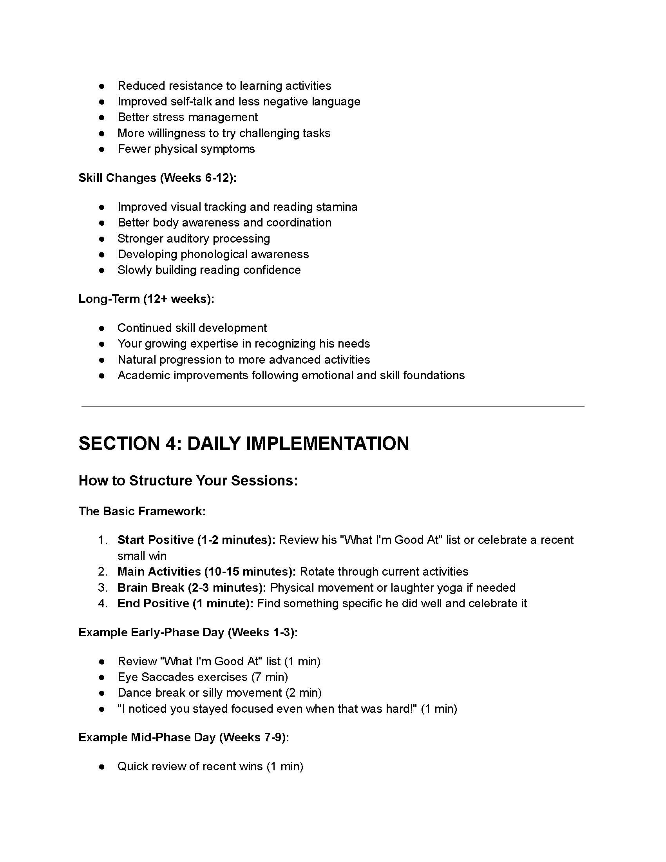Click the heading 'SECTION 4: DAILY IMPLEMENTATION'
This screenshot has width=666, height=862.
(x=243, y=444)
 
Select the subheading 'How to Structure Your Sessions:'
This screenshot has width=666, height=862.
(x=188, y=481)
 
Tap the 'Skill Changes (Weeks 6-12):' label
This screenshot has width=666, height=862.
(x=157, y=178)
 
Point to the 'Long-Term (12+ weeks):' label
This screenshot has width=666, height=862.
(x=146, y=299)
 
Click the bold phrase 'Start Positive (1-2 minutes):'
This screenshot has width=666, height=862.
(x=196, y=540)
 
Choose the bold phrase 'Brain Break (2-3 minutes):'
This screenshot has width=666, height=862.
(x=192, y=588)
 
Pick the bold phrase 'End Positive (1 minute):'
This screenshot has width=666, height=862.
(x=185, y=603)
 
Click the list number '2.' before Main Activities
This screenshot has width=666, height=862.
(x=103, y=572)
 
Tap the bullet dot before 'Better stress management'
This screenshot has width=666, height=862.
(x=102, y=118)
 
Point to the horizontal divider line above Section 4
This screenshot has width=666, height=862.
(x=333, y=406)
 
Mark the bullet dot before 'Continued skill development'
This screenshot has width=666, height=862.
(x=102, y=328)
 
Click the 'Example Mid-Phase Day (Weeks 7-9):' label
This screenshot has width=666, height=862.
(x=183, y=737)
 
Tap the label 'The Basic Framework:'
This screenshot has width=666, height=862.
(x=142, y=511)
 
